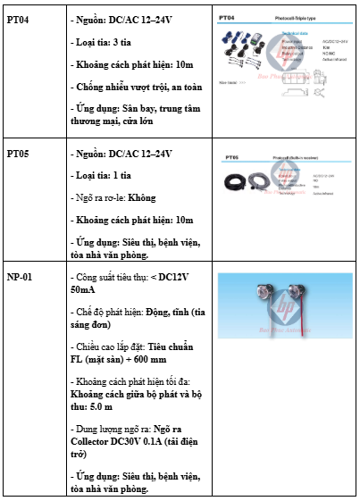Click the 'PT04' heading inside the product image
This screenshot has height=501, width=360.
click(x=227, y=17)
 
